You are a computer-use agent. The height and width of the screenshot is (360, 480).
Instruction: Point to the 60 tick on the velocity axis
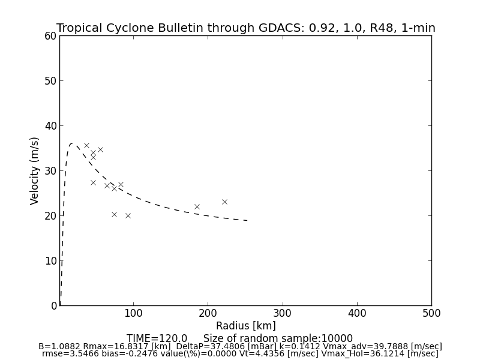point(50,36)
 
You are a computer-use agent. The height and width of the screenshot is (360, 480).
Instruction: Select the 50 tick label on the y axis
point(50,81)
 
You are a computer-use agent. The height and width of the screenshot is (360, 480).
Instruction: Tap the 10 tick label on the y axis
point(50,261)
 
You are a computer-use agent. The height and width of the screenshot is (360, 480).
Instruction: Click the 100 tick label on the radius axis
point(133,313)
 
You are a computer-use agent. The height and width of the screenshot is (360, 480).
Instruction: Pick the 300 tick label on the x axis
point(283,313)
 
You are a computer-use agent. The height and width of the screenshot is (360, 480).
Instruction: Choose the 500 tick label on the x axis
point(431,313)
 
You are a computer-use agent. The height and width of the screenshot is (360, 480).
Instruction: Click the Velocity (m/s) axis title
point(35,170)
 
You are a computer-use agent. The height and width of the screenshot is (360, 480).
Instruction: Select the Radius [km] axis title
point(246,326)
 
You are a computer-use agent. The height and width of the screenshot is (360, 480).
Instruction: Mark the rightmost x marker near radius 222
point(224,202)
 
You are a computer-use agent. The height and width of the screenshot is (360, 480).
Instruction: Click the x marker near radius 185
point(197,206)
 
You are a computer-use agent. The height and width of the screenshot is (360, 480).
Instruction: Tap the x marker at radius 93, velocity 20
point(128,215)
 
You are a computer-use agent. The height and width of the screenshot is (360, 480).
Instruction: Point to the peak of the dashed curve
point(72,143)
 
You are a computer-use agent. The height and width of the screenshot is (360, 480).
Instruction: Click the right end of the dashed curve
point(248,221)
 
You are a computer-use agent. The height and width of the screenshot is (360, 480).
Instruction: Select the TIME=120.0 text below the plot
point(157,338)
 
